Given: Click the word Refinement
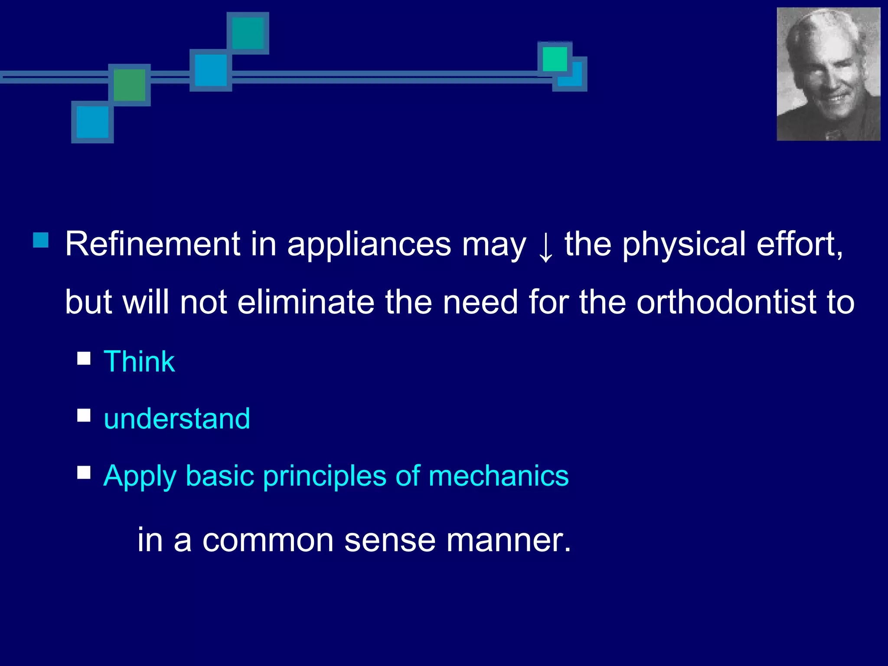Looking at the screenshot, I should [152, 244].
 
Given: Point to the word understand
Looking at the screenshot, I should [177, 419].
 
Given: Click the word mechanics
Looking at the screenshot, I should [498, 476].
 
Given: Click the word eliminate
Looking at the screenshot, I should [306, 302].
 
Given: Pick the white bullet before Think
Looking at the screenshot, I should [84, 359].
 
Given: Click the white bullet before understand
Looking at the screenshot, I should [84, 415].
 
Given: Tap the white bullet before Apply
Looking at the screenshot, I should [84, 472].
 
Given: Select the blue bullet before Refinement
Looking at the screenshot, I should [41, 240].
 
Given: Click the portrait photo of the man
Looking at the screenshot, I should [828, 74].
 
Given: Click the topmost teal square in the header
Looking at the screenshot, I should [248, 33].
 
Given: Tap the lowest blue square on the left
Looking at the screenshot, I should [92, 122].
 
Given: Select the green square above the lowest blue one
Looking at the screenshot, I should [129, 85].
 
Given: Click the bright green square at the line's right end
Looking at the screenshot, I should [555, 59].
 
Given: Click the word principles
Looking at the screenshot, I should [324, 477].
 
